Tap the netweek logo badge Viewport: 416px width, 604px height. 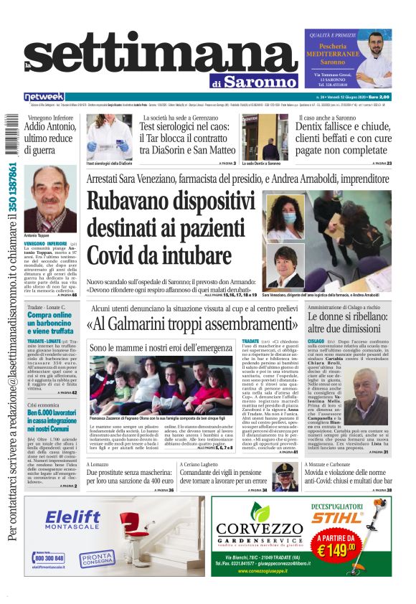[44, 96]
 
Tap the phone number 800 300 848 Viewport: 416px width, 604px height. [49, 557]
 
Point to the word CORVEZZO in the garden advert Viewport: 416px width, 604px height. [259, 530]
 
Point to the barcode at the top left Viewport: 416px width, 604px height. [10, 133]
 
